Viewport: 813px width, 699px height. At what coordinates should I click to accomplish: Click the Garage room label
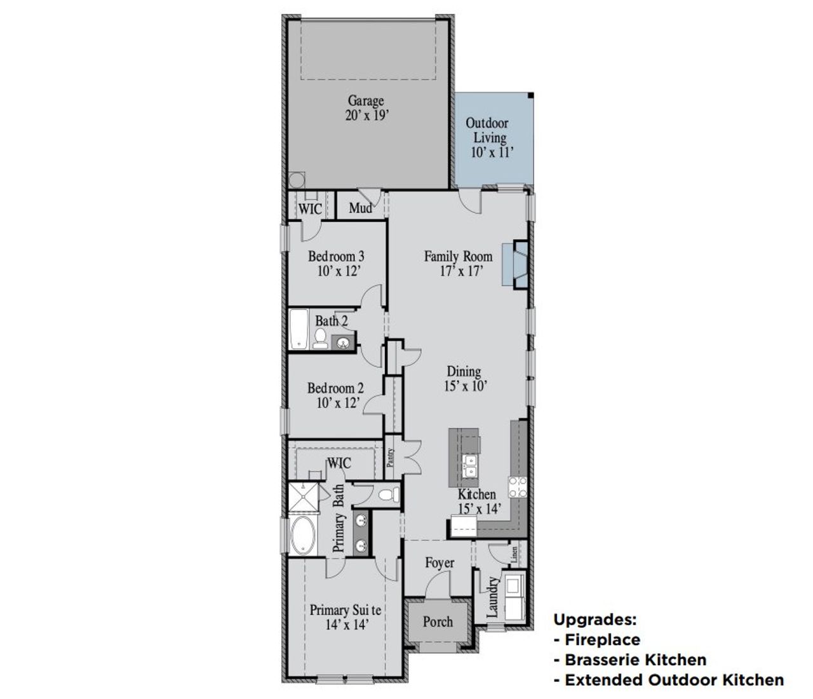point(365,100)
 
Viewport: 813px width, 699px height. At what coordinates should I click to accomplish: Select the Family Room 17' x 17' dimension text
point(458,271)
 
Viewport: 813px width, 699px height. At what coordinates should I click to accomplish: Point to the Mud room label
point(360,208)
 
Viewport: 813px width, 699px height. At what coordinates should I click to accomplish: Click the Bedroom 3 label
point(336,257)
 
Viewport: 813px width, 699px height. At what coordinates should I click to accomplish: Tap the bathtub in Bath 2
point(298,329)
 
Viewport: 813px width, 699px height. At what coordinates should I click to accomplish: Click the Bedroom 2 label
point(335,388)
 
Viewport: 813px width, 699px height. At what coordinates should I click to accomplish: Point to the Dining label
point(464,372)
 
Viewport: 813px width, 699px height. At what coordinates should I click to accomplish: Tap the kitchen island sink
point(471,466)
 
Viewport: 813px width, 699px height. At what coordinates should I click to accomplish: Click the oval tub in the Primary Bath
point(303,536)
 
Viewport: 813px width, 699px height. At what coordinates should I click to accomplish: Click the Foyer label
point(440,563)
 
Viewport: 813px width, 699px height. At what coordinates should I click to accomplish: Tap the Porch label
point(438,621)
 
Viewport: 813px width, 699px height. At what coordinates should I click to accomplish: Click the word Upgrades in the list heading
point(595,620)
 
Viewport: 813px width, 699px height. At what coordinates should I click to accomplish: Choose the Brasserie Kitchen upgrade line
point(635,660)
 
